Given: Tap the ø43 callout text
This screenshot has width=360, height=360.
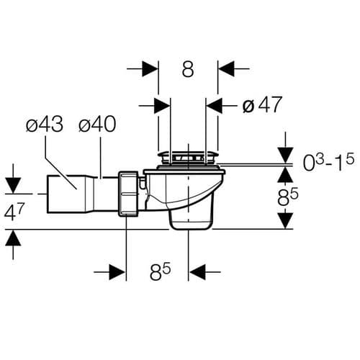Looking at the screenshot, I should click(44, 125).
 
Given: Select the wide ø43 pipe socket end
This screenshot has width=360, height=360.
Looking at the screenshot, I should click(62, 192).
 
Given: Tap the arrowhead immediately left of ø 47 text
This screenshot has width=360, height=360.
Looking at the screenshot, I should click(215, 105).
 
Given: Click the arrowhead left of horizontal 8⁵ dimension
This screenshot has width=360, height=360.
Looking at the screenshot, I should click(118, 274).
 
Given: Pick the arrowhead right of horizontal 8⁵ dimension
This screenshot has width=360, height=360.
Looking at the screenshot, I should click(197, 274).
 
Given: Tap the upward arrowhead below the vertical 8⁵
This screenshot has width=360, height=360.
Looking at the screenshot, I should click(287, 220).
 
